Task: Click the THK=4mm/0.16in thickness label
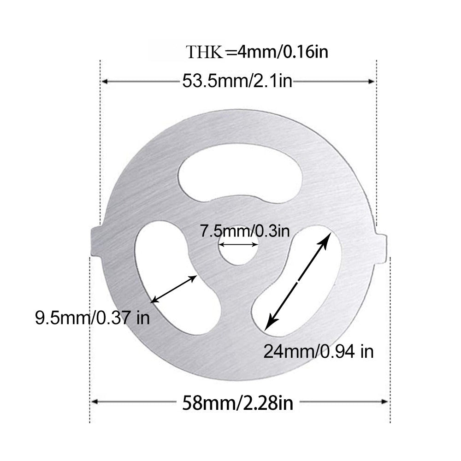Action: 257,52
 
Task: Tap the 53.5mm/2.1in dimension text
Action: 237,82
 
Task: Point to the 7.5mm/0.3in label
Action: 244,230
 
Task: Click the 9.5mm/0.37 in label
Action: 92,318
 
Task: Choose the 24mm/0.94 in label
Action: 318,352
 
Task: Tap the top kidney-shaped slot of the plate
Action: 240,177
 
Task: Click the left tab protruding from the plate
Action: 96,241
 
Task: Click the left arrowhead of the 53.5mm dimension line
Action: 105,82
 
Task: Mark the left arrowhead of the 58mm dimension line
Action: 95,402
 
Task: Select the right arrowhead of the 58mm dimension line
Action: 386,402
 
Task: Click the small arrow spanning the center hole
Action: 238,244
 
